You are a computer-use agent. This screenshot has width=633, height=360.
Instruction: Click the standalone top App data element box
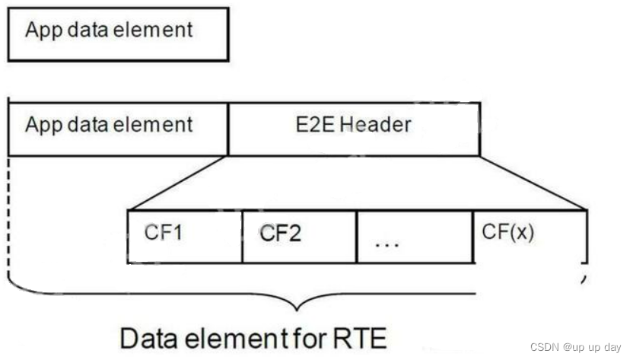click(118, 33)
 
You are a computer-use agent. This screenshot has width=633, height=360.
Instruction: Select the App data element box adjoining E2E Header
click(118, 126)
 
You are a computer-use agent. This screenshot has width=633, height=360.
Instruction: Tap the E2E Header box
click(354, 126)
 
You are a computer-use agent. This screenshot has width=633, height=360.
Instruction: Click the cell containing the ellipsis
click(414, 236)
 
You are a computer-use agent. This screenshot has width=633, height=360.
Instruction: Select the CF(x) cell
click(530, 236)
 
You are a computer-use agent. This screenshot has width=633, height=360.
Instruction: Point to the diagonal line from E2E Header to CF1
click(179, 183)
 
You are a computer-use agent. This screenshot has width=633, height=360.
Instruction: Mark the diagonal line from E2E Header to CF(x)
click(533, 183)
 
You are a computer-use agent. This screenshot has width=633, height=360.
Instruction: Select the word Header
click(376, 125)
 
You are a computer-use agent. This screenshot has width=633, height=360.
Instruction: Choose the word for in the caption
click(307, 338)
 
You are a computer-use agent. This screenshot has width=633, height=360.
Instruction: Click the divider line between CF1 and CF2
click(243, 236)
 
